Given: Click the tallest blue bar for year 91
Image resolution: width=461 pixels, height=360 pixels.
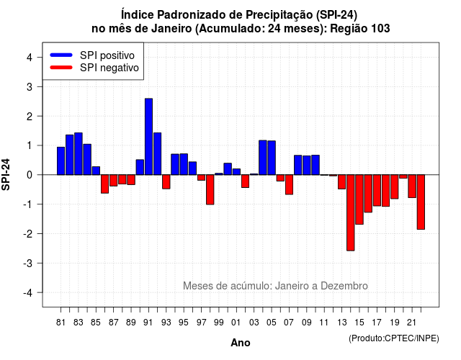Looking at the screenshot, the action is pos(149,137).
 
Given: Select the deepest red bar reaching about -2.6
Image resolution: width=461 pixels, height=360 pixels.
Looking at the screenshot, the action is pos(351,213).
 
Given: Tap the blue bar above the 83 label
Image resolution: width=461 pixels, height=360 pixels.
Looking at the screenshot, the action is pos(79,153).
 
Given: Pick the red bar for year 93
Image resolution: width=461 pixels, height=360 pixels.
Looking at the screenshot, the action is pos(166,181).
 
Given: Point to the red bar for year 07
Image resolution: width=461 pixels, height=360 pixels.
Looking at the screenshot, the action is pos(289,184).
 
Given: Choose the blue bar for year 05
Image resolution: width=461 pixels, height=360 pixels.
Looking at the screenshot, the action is pos(272,158).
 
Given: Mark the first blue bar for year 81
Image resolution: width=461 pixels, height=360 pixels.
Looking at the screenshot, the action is pos(61,161).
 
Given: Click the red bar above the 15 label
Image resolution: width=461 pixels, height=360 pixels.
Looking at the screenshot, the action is pos(359,199).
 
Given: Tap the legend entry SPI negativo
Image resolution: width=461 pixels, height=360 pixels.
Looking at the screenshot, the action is pos(94,68).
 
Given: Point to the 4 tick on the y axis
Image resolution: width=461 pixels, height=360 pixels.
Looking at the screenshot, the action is pos(30,58).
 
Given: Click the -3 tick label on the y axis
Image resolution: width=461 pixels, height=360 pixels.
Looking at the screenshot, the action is pos(28,264).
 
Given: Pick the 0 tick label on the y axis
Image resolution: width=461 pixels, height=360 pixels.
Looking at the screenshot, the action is pos(30,175).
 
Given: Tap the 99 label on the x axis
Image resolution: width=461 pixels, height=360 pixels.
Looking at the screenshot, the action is pos(219,323).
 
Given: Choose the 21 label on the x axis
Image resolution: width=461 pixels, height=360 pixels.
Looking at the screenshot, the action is pos(411,323).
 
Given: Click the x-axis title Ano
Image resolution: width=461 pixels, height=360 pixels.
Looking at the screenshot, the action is pos(241,343).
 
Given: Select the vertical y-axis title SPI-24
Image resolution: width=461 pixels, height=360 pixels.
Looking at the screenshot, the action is pos(6,174).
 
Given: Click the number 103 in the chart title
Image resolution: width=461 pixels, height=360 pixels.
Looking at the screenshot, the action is pos(380,29).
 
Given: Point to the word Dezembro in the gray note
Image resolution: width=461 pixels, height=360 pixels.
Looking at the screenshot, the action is pos(344,286).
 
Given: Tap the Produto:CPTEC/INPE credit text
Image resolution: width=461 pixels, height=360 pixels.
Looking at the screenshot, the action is pos(394,338).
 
